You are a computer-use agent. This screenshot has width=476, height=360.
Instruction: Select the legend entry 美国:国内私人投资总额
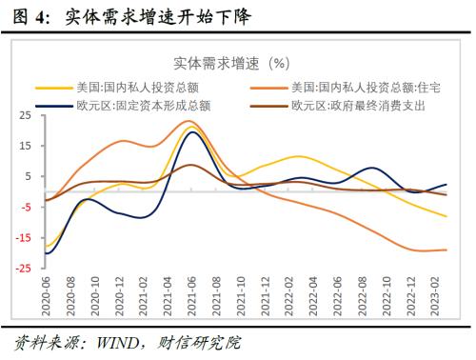(x=122, y=88)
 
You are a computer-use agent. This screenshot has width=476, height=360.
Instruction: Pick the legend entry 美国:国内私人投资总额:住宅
(x=366, y=88)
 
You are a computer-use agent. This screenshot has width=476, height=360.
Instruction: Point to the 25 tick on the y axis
(x=23, y=115)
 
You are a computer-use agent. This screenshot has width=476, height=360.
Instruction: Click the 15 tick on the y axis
(x=23, y=146)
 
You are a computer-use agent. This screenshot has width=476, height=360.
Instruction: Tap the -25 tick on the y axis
(x=21, y=269)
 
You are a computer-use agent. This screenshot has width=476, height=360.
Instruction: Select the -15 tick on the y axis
(x=21, y=238)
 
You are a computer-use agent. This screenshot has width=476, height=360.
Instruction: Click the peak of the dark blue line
(x=193, y=131)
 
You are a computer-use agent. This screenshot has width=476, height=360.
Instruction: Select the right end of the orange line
(x=446, y=250)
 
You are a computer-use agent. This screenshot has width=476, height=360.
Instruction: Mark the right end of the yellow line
(x=446, y=216)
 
